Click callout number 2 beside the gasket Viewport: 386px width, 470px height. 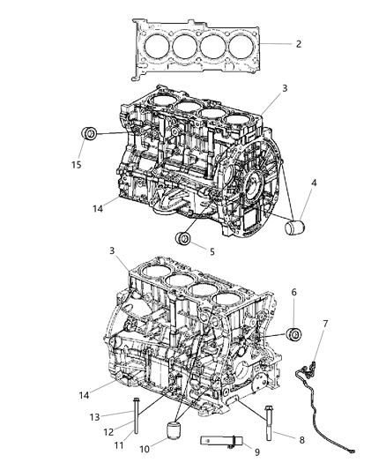coord(298,42)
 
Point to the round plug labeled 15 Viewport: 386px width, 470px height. coord(89,135)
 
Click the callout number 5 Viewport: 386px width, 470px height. coord(211,250)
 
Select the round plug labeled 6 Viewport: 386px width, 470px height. coord(295,335)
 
